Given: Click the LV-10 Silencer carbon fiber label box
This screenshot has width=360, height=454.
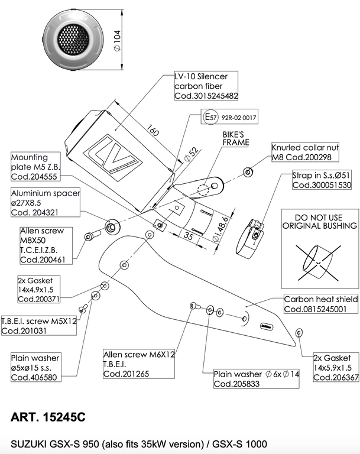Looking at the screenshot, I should (206, 86).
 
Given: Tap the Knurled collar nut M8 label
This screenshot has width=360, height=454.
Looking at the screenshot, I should (304, 153).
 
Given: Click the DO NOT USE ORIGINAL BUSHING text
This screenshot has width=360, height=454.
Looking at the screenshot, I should (319, 222).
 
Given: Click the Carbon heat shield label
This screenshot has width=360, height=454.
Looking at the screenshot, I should (321, 304).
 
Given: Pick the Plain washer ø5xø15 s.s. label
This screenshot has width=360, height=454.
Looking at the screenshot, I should (35, 368).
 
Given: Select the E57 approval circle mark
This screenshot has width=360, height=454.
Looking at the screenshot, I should (210, 117).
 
